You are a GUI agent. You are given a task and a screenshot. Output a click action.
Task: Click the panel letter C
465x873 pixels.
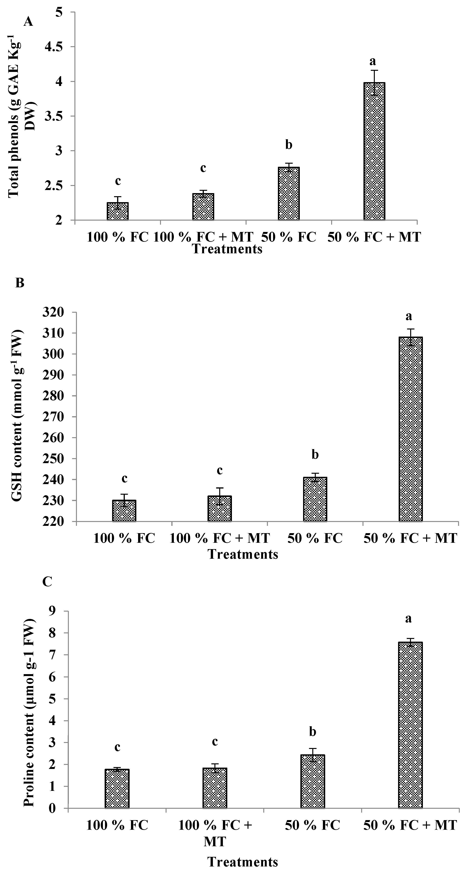coord(47,582)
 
